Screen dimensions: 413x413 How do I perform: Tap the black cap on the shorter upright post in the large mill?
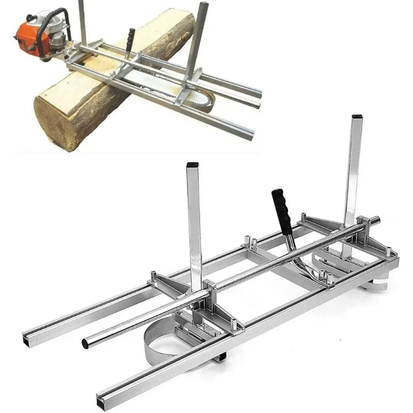point(193,166)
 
